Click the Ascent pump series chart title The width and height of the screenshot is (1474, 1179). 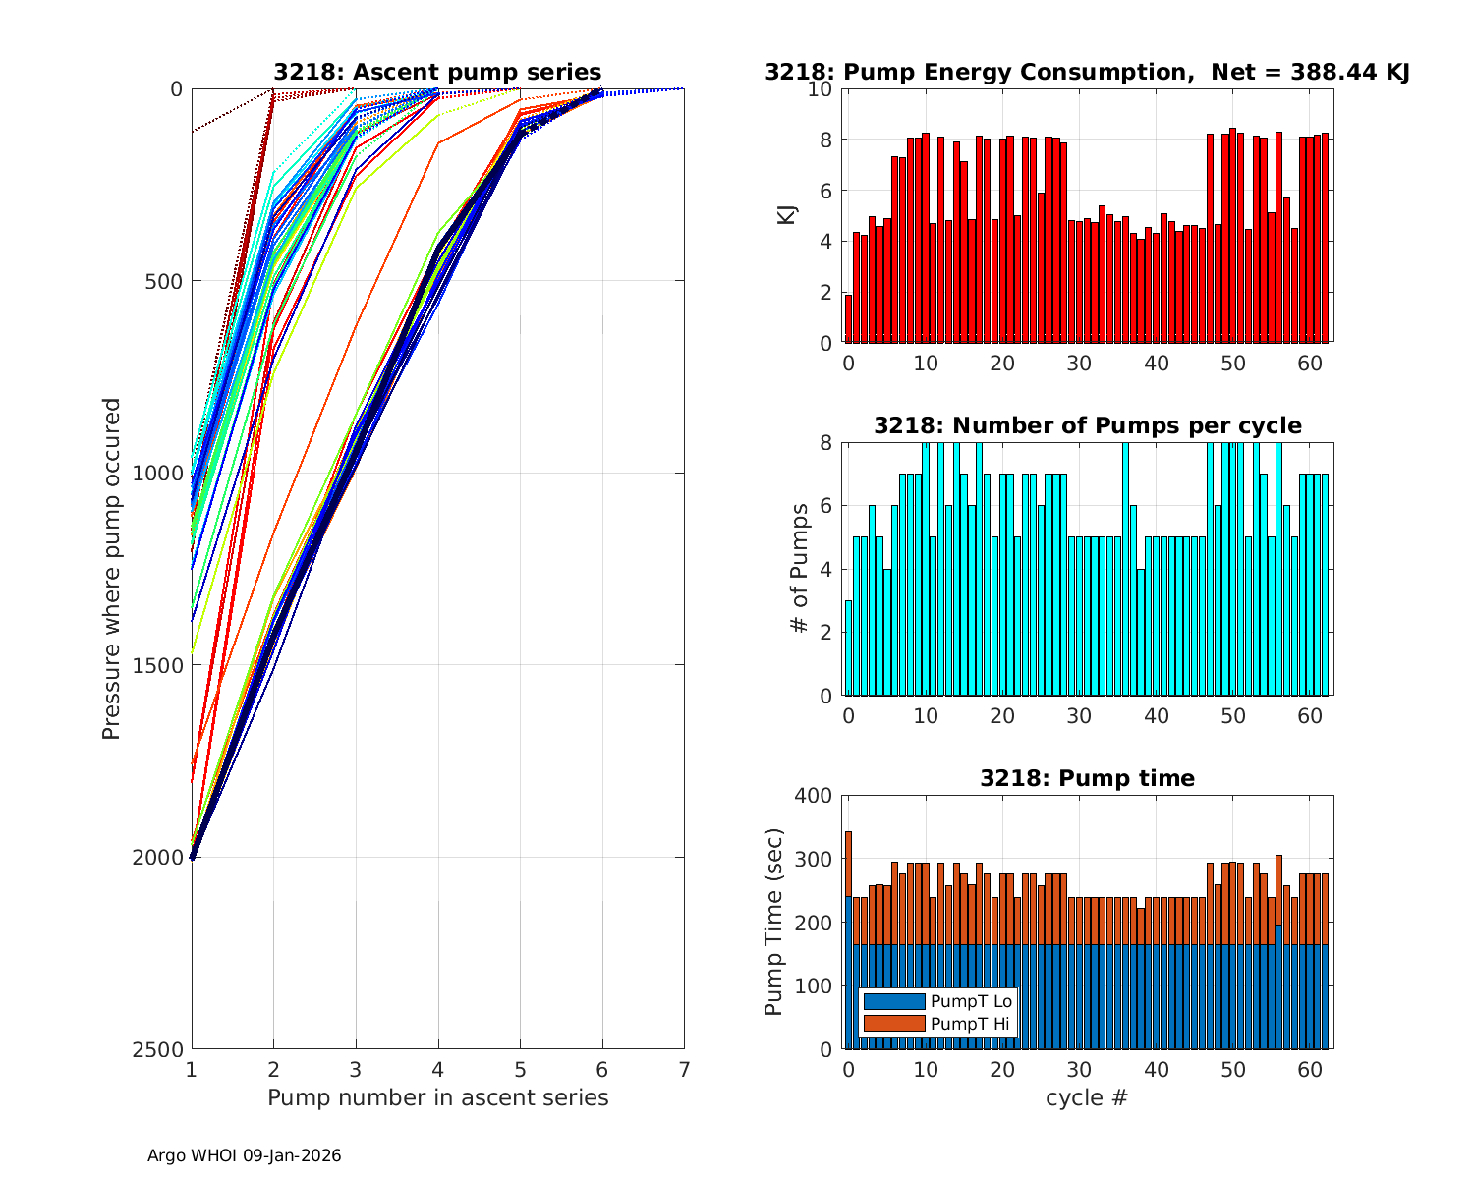coord(437,72)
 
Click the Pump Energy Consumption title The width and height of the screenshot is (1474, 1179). coord(1088,72)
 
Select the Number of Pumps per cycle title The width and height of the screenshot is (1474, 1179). coord(1088,425)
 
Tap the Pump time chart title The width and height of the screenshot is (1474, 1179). coord(1088,778)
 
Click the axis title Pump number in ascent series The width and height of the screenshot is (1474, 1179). coord(437,1097)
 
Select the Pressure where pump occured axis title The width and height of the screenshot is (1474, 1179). coord(112,568)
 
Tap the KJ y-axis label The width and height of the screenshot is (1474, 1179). coord(787,215)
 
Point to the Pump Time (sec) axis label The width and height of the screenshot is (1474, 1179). coord(774,922)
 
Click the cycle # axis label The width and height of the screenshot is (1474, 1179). coord(1088,1097)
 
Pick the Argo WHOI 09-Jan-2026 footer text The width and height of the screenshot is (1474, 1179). coord(244,1156)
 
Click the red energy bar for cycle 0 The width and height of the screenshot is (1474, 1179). coord(848,319)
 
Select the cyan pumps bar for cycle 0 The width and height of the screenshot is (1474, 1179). coord(848,648)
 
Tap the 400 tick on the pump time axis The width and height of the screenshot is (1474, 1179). coord(815,795)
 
